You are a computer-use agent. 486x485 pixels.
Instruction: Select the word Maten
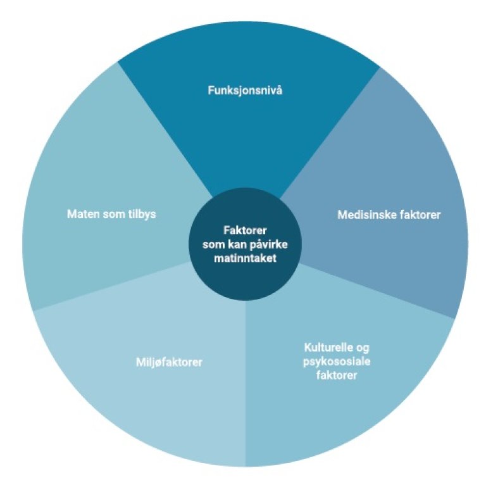point(82,213)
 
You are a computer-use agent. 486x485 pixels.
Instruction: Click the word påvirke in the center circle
point(266,245)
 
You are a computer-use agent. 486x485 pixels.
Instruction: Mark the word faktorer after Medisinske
point(417,215)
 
